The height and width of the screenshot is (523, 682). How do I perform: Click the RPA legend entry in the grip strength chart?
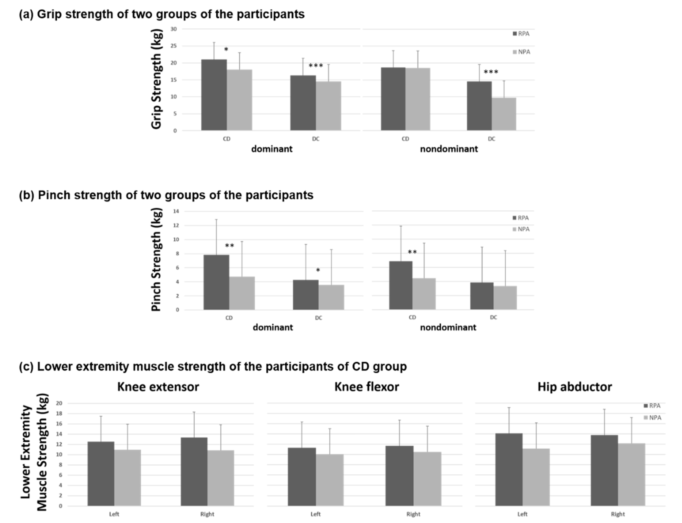tap(521, 34)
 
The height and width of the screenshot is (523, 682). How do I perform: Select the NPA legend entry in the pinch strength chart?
tap(521, 229)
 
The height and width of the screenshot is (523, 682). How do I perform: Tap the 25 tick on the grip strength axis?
tap(174, 46)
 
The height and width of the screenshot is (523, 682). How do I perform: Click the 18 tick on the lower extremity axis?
tap(59, 413)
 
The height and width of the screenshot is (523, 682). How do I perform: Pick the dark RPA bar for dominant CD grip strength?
tap(214, 95)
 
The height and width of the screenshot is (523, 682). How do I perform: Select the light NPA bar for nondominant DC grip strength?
tap(504, 114)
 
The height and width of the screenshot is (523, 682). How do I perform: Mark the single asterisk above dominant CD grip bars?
tap(226, 49)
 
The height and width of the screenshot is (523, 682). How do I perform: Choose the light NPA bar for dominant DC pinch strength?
tap(331, 297)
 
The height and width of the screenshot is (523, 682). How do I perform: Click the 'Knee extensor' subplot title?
tap(158, 387)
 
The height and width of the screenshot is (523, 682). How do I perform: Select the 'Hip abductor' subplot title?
tap(574, 387)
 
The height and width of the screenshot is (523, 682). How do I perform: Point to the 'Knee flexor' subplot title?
tap(367, 387)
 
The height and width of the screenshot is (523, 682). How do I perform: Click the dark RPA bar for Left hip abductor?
tap(509, 469)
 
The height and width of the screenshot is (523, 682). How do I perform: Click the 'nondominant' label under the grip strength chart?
tap(449, 149)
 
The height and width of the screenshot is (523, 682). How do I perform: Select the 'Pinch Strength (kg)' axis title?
tap(156, 260)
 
